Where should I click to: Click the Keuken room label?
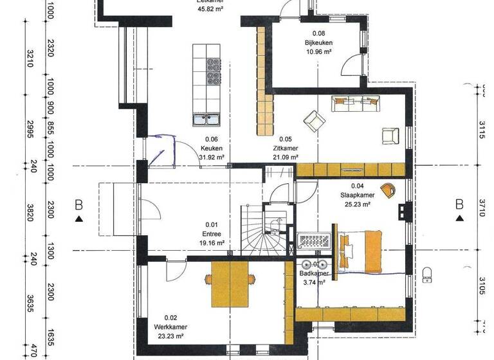click(212, 148)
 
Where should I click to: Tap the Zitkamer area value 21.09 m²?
click(285, 156)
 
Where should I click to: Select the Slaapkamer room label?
click(358, 195)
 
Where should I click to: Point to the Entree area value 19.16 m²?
click(211, 244)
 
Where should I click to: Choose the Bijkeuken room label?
click(318, 43)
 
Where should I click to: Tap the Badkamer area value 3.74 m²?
click(315, 282)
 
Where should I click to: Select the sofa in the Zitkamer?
click(355, 102)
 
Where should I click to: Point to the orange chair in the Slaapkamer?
click(388, 188)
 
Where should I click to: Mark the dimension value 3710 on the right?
click(487, 207)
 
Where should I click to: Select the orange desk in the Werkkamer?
click(230, 283)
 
